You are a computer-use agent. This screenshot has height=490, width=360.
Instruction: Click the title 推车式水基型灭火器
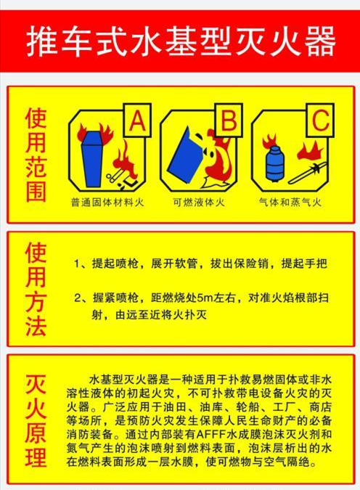click(x=180, y=41)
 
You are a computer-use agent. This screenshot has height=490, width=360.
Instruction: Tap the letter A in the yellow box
click(x=137, y=121)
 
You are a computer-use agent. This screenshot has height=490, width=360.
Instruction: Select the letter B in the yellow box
click(x=229, y=121)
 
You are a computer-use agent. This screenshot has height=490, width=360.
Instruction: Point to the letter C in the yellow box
click(x=320, y=121)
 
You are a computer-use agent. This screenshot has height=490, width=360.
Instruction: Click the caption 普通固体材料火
click(x=107, y=203)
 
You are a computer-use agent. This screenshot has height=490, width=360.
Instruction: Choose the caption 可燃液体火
click(x=199, y=203)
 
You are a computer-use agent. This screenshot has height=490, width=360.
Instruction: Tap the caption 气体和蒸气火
click(x=290, y=203)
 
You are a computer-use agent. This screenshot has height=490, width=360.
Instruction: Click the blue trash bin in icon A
click(x=92, y=159)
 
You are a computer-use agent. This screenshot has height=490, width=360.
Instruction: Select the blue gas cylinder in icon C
click(x=274, y=163)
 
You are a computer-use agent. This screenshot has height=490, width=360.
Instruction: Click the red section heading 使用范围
click(x=36, y=155)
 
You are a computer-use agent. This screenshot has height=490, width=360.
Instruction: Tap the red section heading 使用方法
click(x=36, y=290)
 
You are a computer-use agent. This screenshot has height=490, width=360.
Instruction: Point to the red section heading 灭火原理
click(x=36, y=420)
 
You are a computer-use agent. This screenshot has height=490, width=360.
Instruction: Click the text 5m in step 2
click(x=205, y=298)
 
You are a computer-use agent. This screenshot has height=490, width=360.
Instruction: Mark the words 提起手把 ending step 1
click(x=304, y=264)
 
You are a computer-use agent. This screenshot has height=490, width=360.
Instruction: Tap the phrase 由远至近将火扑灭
click(x=161, y=314)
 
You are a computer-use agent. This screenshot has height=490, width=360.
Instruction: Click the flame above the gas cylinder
click(x=269, y=142)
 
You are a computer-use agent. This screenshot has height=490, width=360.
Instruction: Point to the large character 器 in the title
click(x=319, y=41)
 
